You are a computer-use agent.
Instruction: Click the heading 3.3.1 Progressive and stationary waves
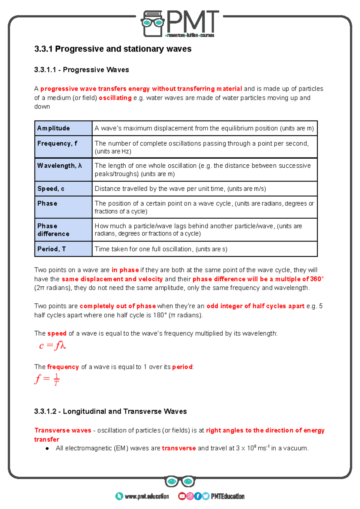[x=113, y=49]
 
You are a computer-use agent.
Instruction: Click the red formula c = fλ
[x=52, y=346]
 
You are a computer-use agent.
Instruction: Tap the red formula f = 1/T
[x=47, y=379]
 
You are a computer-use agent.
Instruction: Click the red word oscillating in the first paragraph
[x=115, y=98]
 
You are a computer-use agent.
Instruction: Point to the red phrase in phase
[x=125, y=270]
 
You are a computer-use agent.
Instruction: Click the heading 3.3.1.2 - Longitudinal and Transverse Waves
[x=110, y=411]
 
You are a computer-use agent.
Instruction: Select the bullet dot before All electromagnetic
[x=47, y=448]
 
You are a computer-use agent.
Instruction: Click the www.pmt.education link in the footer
[x=146, y=496]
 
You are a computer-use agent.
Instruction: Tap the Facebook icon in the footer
[x=198, y=496]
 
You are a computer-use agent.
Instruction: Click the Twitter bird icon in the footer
[x=205, y=496]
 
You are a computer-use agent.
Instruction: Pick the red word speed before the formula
[x=57, y=333]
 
